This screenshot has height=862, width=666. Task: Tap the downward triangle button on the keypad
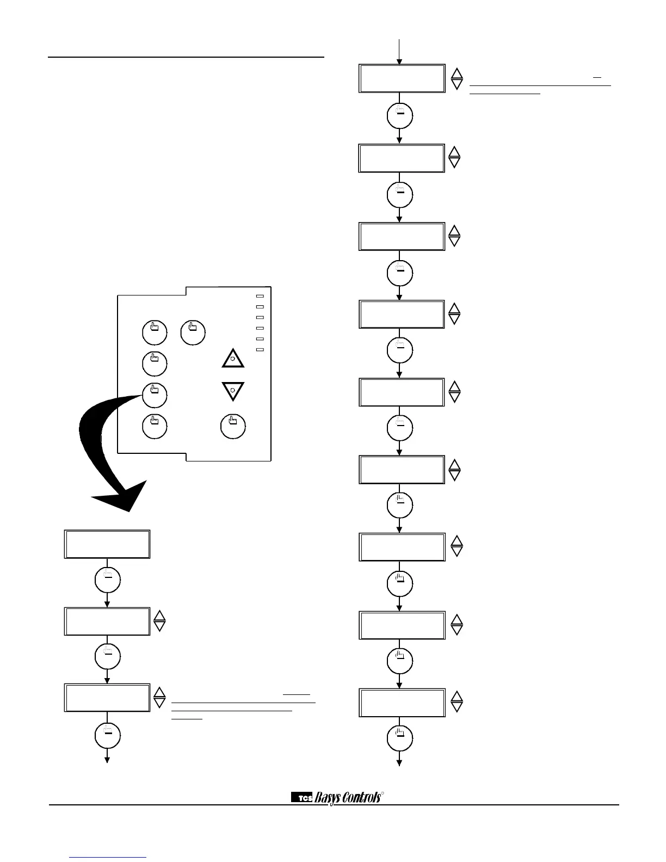pyautogui.click(x=232, y=391)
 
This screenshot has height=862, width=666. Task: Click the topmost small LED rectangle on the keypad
pyautogui.click(x=260, y=297)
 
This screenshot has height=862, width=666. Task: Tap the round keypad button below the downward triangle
pyautogui.click(x=233, y=426)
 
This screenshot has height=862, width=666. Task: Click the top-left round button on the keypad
pyautogui.click(x=155, y=333)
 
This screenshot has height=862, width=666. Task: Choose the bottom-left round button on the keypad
pyautogui.click(x=155, y=426)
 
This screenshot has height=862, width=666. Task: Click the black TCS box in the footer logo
pyautogui.click(x=302, y=798)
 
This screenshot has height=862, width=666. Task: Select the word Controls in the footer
pyautogui.click(x=359, y=798)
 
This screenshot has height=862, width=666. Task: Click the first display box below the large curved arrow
pyautogui.click(x=107, y=544)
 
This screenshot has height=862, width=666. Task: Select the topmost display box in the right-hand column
pyautogui.click(x=402, y=78)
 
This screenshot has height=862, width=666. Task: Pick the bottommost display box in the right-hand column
pyautogui.click(x=402, y=702)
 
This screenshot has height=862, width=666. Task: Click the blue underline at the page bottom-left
pyautogui.click(x=108, y=858)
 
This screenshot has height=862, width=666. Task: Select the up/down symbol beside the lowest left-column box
pyautogui.click(x=159, y=697)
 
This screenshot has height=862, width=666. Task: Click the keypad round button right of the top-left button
pyautogui.click(x=193, y=333)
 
